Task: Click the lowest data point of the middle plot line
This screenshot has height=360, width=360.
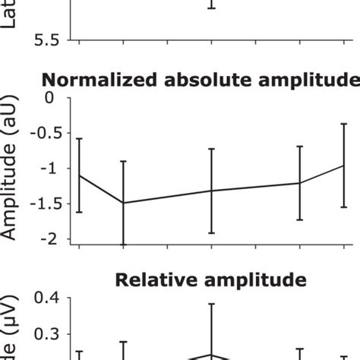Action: pyautogui.click(x=123, y=203)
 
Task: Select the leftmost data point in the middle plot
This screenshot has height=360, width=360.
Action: pyautogui.click(x=80, y=175)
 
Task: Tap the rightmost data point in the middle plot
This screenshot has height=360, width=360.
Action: pyautogui.click(x=344, y=165)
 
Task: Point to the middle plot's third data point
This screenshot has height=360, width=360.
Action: pyautogui.click(x=212, y=191)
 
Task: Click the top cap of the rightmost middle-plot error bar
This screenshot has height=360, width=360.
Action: pyautogui.click(x=344, y=123)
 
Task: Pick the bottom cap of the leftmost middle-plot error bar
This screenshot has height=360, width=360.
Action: pyautogui.click(x=80, y=213)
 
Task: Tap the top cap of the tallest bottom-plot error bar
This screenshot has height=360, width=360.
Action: pyautogui.click(x=212, y=304)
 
